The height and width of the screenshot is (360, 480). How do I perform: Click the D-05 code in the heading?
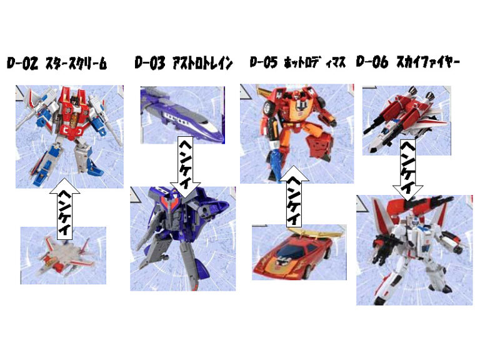[263, 62]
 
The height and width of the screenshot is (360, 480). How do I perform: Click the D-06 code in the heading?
[372, 62]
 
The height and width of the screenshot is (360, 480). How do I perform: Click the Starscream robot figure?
[69, 134]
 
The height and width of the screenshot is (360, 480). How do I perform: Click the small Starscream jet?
[62, 254]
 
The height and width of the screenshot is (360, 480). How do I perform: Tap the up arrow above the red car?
[292, 197]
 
